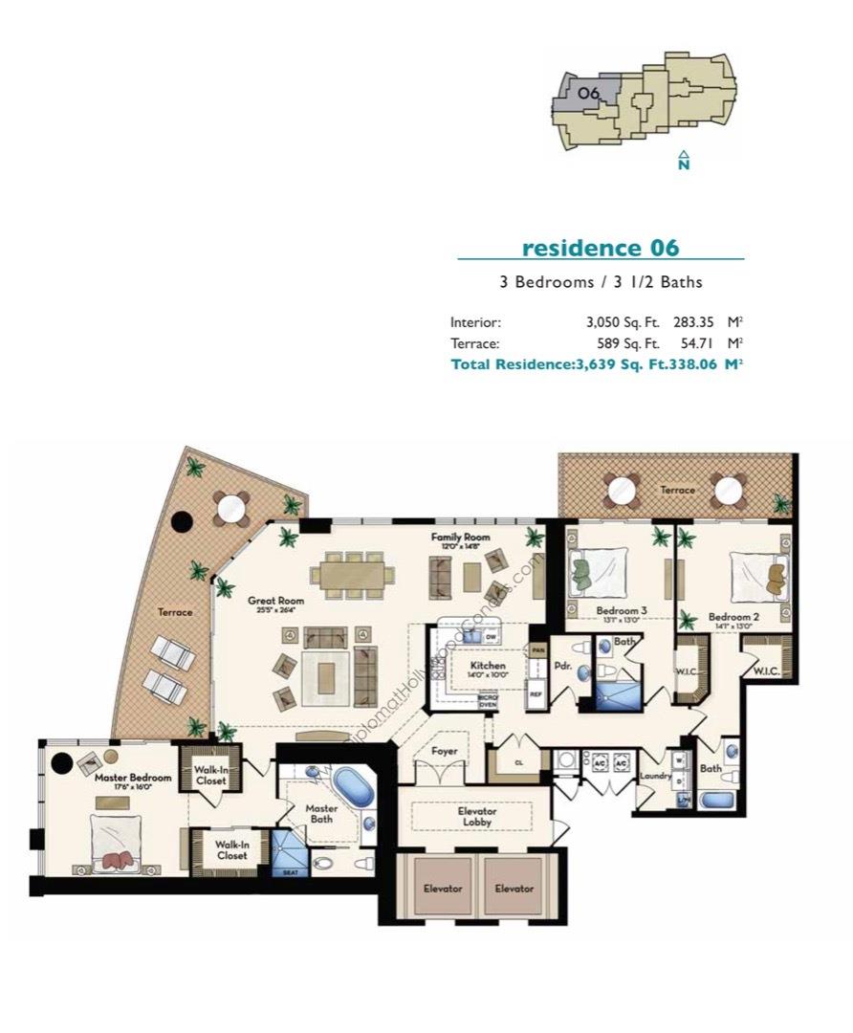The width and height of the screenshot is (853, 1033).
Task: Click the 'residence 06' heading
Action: (600, 248)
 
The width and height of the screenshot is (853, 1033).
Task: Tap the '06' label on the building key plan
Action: (589, 93)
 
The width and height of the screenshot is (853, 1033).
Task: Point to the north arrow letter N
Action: (684, 165)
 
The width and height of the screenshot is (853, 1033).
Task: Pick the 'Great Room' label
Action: (275, 602)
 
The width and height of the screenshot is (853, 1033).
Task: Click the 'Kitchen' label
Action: (488, 666)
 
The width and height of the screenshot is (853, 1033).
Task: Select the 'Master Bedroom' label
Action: (133, 778)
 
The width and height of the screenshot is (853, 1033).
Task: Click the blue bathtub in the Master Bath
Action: (353, 790)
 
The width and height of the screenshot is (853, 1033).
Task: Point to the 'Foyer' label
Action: (445, 752)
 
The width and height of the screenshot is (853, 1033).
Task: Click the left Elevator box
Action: (443, 889)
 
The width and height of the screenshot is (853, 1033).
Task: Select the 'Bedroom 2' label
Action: (733, 618)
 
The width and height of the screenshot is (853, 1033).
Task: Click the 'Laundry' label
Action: (656, 776)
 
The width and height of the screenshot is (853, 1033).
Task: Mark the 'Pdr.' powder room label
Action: (562, 667)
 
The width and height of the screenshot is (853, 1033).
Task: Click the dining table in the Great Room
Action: (352, 574)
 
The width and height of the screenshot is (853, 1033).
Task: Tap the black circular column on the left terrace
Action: (181, 522)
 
